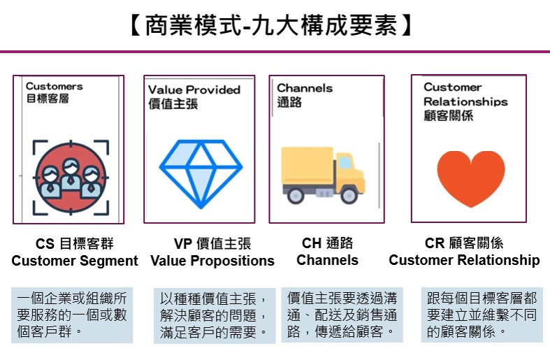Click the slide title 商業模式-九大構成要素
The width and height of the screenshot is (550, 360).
tap(269, 26)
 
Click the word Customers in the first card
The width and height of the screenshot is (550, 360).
tap(54, 87)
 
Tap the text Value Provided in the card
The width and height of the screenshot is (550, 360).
tap(194, 89)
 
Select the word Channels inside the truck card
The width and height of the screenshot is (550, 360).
tap(305, 88)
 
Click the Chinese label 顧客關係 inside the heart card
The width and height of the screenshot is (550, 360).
tap(448, 115)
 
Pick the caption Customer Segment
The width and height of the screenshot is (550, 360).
tap(75, 261)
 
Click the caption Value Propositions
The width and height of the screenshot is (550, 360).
tap(212, 261)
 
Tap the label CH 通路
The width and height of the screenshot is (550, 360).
tap(327, 243)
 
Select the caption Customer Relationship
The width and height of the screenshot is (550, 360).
tap(464, 261)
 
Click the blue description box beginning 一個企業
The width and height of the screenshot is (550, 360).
tap(72, 315)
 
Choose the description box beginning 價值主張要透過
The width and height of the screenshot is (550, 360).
tap(342, 315)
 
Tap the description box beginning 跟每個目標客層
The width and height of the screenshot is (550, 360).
tap(482, 315)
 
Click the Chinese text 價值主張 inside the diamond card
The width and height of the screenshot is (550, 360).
tap(173, 104)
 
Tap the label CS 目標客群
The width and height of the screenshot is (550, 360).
tap(74, 244)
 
